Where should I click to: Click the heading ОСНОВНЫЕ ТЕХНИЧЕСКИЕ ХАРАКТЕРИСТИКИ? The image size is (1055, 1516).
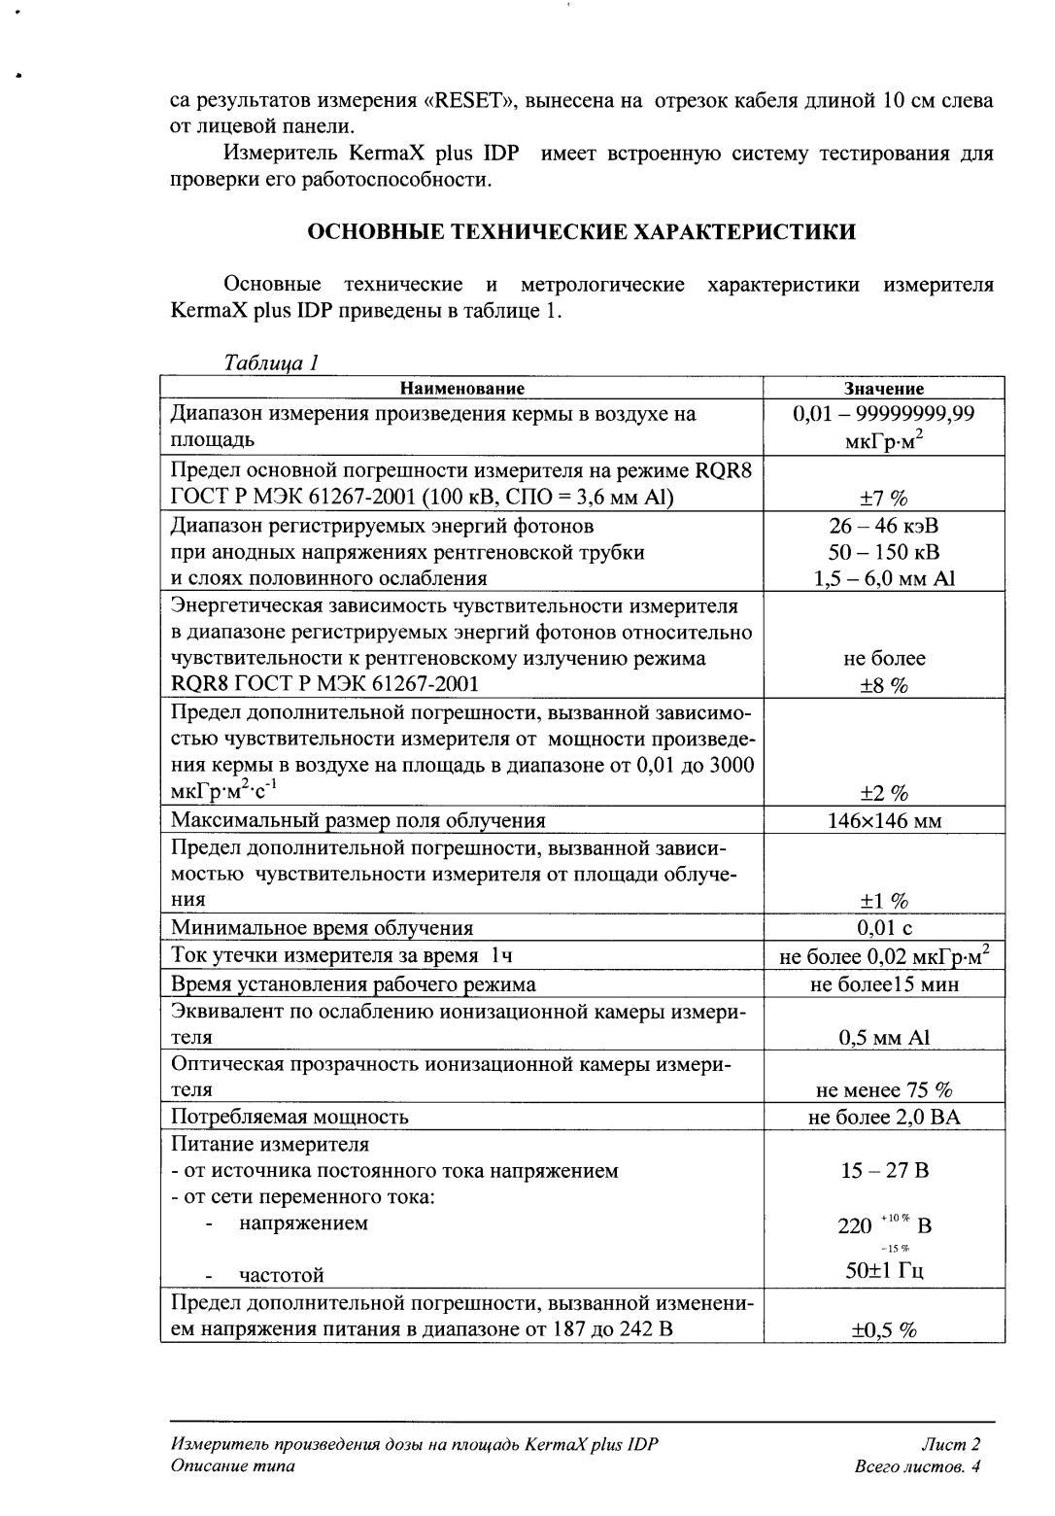coord(582,231)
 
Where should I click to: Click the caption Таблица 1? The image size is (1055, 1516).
coord(271,363)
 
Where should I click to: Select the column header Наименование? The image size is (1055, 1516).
coord(462,388)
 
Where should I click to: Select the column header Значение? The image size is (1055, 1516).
coord(884,388)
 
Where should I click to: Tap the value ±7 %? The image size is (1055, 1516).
coord(884,500)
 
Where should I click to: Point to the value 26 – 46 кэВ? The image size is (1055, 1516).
coord(884,527)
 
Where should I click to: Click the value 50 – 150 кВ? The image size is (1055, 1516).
coord(884,553)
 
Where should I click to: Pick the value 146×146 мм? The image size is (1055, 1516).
coord(884,821)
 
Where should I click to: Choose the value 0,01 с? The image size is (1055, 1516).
coord(884,928)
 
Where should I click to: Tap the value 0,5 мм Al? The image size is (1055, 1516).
coord(884,1038)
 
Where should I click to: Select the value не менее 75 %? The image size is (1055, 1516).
coord(884,1090)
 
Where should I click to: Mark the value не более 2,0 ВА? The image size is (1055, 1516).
coord(884,1118)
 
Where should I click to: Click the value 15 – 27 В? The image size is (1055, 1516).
coord(884,1171)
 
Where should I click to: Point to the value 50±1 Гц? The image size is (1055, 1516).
coord(884,1273)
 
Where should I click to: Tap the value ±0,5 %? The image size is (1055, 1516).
coord(884,1330)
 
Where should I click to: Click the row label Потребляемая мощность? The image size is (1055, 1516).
coord(289,1118)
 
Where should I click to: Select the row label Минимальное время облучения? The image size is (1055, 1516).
coord(322,928)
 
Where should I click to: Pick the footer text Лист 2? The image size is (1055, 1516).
coord(954,1445)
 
